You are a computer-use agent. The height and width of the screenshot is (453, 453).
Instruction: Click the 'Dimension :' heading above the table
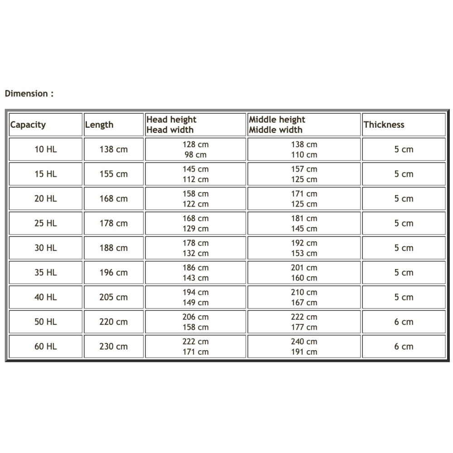(29, 94)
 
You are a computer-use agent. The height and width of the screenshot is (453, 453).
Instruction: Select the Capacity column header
(28, 125)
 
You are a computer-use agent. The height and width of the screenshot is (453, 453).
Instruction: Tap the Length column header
(99, 125)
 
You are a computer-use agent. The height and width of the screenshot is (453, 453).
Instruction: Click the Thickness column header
(384, 125)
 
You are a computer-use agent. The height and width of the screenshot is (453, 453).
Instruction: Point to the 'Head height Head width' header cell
(171, 125)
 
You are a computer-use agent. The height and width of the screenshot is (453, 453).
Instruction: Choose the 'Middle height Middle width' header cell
(277, 125)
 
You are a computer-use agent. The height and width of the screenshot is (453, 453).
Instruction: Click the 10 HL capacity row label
(46, 149)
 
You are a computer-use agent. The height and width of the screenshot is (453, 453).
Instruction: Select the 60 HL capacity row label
(46, 347)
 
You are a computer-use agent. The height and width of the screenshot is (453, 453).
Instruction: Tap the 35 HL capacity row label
(46, 273)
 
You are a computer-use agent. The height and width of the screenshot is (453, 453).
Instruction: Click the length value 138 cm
(113, 149)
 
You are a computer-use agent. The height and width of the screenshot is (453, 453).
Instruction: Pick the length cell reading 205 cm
(113, 298)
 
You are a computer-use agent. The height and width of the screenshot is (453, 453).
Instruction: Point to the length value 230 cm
(113, 347)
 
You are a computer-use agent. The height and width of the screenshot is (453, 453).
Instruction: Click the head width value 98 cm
(196, 155)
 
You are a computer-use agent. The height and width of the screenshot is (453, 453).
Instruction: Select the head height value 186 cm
(196, 268)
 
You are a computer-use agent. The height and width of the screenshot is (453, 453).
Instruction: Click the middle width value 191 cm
(304, 352)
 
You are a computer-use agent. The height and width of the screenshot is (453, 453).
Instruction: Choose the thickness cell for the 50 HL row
(404, 322)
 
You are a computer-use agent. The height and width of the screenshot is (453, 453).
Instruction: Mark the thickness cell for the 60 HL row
(404, 347)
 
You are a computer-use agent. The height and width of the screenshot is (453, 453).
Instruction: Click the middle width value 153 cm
(304, 253)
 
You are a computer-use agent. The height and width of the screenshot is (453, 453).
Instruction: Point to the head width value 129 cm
(196, 229)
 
